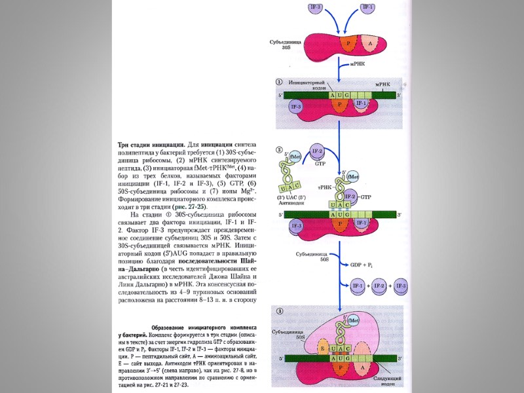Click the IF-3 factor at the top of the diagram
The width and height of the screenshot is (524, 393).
tap(315, 7)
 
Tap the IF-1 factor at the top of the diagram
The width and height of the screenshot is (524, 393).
tap(367, 7)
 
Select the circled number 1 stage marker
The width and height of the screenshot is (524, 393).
tap(279, 83)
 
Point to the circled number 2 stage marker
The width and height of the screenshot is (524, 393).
tap(279, 150)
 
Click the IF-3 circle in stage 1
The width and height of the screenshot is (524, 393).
tap(295, 105)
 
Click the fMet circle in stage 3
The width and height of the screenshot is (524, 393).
tap(354, 320)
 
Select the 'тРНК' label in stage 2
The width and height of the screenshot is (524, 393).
tap(326, 187)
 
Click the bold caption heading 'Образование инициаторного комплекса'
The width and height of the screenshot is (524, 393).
tap(204, 327)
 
